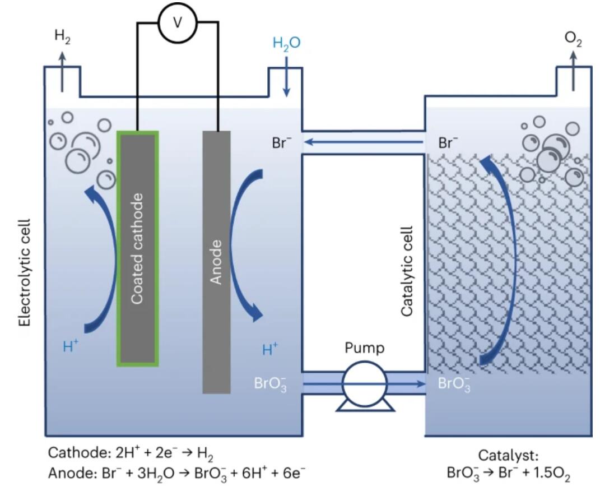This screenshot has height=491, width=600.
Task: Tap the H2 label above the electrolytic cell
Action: [x=62, y=37]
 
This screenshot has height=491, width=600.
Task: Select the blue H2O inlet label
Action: [x=287, y=43]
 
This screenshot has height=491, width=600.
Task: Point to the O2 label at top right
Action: [x=573, y=39]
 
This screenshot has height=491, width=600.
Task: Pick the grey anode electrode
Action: [x=217, y=262]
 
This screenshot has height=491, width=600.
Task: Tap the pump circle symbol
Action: [x=365, y=384]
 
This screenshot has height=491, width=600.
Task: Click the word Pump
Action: [x=364, y=348]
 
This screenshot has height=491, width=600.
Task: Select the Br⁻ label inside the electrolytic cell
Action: [x=281, y=143]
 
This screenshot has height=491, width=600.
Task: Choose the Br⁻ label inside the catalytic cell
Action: [x=448, y=143]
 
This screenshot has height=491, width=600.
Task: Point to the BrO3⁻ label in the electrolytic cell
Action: [x=271, y=384]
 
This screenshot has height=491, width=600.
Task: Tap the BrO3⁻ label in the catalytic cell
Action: [x=454, y=384]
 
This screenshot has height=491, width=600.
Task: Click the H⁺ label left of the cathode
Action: [x=71, y=346]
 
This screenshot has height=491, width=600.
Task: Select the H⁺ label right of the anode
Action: [x=270, y=349]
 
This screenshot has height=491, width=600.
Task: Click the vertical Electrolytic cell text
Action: [x=25, y=273]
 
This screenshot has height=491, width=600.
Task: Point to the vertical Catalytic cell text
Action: [x=407, y=271]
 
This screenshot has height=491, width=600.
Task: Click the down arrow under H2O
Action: [x=286, y=77]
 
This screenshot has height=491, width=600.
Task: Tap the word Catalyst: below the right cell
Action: [x=509, y=456]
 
